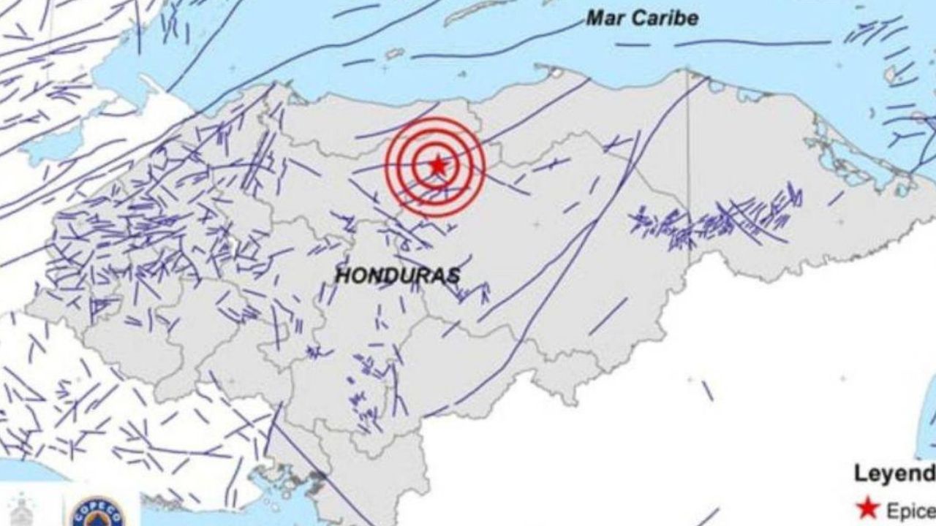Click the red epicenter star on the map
coord(437,166)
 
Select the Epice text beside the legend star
coord(911,511)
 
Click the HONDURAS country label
coord(397,276)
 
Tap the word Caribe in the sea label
coord(667,18)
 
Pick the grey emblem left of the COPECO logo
coord(24,511)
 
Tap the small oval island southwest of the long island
coord(395,53)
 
